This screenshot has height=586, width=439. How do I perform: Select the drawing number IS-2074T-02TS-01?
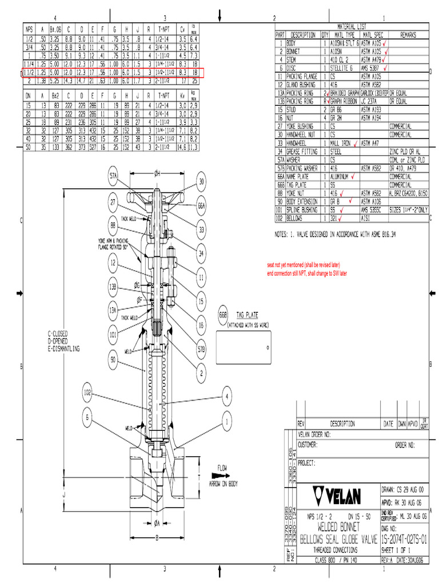tap(404, 539)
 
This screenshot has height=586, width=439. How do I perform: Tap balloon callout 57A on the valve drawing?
tap(114, 177)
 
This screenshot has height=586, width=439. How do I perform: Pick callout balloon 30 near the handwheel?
tap(201, 182)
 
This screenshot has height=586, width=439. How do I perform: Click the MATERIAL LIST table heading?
tap(352, 26)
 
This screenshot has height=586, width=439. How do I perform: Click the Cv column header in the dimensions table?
tap(182, 29)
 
